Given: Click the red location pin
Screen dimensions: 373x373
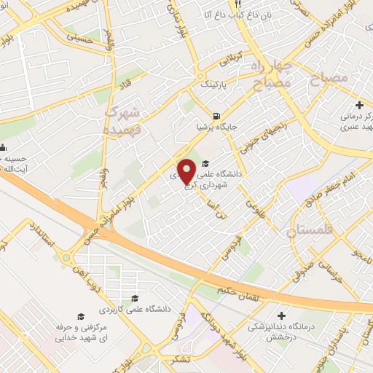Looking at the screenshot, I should coord(186,172).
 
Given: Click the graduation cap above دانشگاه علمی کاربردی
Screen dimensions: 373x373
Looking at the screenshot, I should coord(135,298).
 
